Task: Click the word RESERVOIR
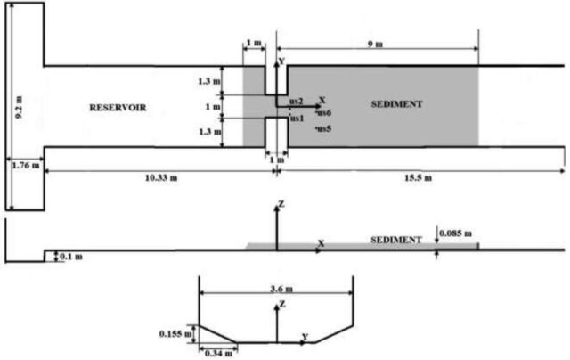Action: tap(118, 108)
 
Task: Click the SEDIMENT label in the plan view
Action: tap(396, 104)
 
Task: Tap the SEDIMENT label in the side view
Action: tap(396, 240)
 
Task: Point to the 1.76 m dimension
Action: tap(26, 166)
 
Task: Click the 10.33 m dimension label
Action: tap(161, 178)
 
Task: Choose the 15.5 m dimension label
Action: tap(418, 178)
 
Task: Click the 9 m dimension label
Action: tap(375, 44)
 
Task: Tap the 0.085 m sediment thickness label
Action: tap(455, 233)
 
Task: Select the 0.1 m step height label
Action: tap(71, 257)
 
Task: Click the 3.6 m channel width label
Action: tap(281, 289)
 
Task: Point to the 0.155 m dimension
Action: tap(175, 333)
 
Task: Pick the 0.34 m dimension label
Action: tap(218, 353)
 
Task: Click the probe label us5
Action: tap(323, 128)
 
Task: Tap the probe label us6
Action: tap(323, 113)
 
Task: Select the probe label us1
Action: tap(297, 119)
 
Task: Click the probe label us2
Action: tap(297, 101)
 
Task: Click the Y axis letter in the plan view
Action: tap(281, 61)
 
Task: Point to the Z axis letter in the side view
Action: tap(281, 204)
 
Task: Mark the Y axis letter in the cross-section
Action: tap(305, 337)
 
